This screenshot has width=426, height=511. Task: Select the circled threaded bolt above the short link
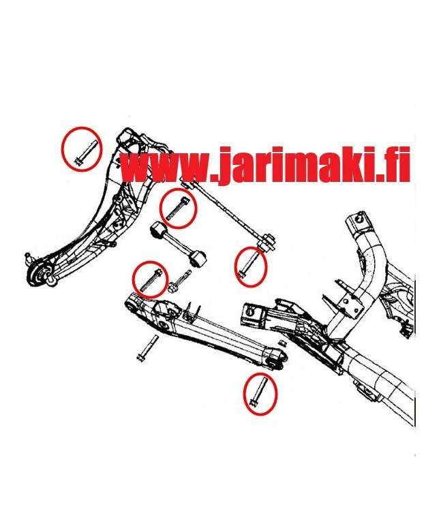[x=177, y=208]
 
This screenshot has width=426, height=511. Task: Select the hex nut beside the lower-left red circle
[x=172, y=288]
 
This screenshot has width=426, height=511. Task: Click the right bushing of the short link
[x=199, y=258]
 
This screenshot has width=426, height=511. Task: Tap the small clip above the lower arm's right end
[x=282, y=343]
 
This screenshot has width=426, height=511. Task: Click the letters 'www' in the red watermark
[x=165, y=166]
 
